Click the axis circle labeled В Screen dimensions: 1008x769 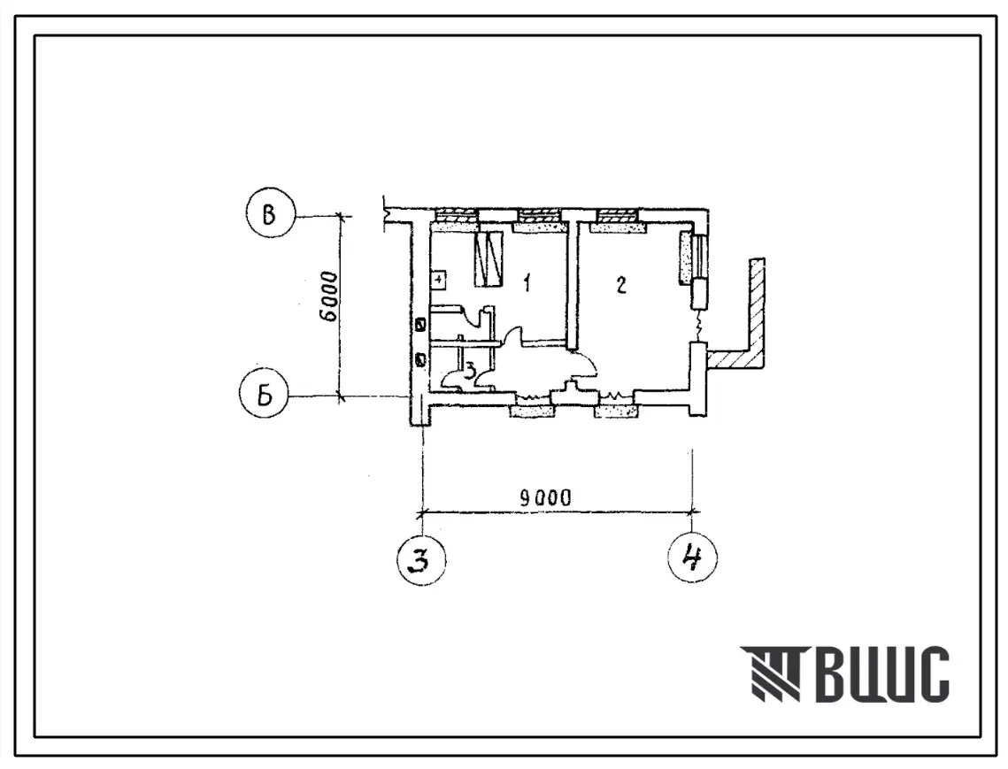click(270, 215)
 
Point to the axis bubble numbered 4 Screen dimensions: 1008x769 click(693, 558)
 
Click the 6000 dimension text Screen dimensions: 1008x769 click(329, 296)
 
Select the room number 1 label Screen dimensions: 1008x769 click(527, 282)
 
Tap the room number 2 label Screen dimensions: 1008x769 click(621, 284)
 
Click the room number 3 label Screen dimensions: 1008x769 click(471, 370)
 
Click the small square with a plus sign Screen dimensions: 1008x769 click(438, 280)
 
